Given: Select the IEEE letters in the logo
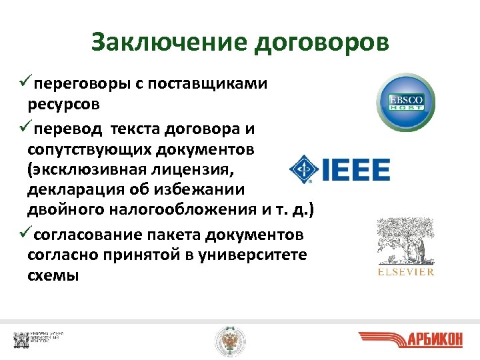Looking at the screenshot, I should pyautogui.click(x=357, y=169).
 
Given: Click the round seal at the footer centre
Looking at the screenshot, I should pyautogui.click(x=229, y=341).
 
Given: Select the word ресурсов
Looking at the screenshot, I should pyautogui.click(x=64, y=105).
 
